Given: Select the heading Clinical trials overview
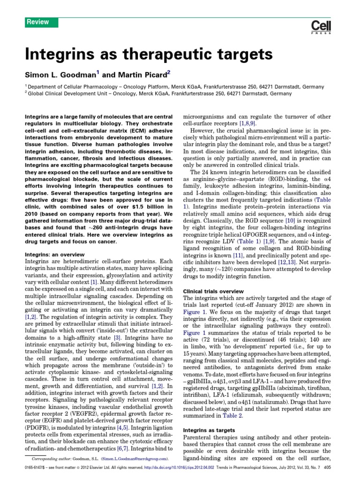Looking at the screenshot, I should point(213,291).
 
